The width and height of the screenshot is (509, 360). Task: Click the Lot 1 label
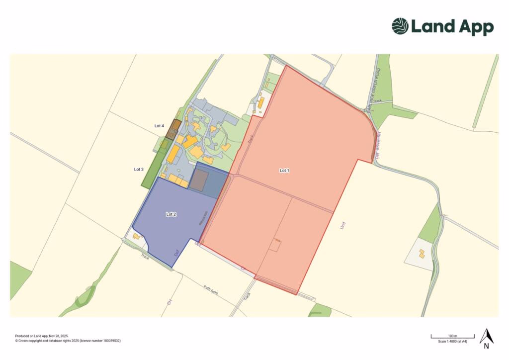pyautogui.click(x=284, y=171)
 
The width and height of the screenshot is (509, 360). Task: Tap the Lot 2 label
pyautogui.click(x=171, y=214)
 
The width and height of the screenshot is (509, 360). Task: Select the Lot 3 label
pyautogui.click(x=139, y=170)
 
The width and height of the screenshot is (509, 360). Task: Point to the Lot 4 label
pyautogui.click(x=159, y=126)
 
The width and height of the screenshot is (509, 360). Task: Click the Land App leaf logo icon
pyautogui.click(x=400, y=26)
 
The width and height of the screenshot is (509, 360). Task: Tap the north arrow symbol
pyautogui.click(x=487, y=337)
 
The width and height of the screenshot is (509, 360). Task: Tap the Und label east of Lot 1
pyautogui.click(x=342, y=225)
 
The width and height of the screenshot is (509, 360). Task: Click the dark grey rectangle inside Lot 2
pyautogui.click(x=200, y=180)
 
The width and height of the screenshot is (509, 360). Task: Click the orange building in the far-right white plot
pyautogui.click(x=422, y=254)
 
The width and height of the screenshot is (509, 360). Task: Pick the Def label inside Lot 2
pyautogui.click(x=176, y=253)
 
